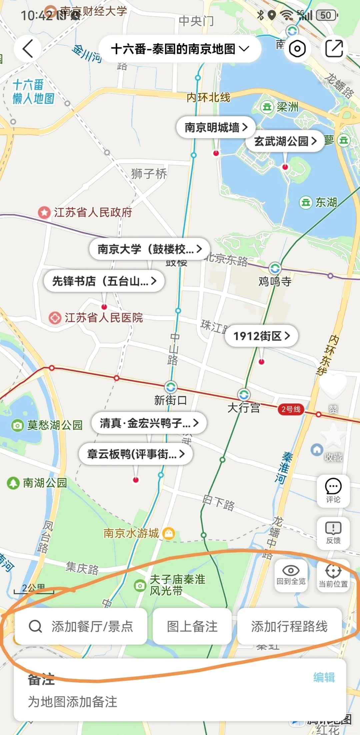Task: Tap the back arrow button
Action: (28, 49)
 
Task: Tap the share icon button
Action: (334, 49)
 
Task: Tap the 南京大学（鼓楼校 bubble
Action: (150, 249)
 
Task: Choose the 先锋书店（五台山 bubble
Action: (104, 281)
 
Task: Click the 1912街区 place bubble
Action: (261, 335)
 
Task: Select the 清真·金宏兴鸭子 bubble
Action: (149, 423)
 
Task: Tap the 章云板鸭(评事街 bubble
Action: (136, 454)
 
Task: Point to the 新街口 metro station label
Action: (170, 400)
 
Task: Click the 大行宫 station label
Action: (244, 408)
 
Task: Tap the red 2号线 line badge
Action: (291, 409)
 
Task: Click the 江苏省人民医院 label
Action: (103, 317)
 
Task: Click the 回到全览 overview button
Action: (291, 575)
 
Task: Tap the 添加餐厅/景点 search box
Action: (81, 626)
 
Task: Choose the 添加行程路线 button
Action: (289, 626)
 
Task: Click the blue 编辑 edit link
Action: (324, 677)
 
